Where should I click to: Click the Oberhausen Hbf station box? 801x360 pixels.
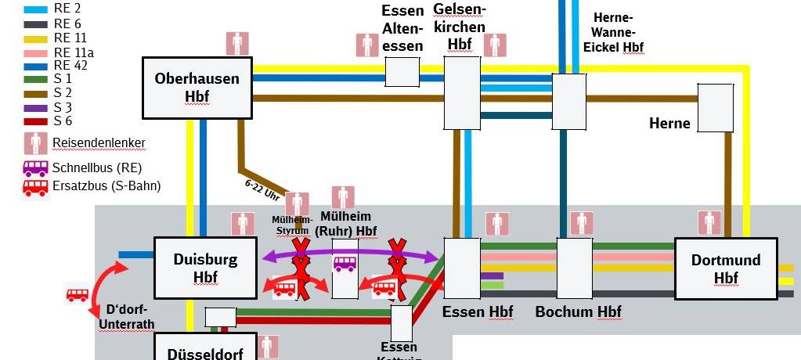coord(197,87)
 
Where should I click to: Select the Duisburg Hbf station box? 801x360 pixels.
coord(205,268)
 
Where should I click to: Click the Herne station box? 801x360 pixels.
coord(715,107)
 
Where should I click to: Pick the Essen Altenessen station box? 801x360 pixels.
coord(402,71)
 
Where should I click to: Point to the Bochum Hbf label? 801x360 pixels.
coord(578,312)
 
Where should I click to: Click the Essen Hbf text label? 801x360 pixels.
coord(478,312)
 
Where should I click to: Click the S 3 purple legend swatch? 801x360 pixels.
coord(36,107)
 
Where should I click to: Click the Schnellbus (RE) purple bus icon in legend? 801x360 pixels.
coord(36,167)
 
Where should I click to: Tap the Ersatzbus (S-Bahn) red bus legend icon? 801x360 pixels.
coord(36,186)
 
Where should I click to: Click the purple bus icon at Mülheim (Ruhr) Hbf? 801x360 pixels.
coord(345,265)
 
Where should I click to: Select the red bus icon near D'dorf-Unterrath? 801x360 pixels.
coord(78,294)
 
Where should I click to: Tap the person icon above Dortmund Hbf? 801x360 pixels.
coord(711,222)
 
